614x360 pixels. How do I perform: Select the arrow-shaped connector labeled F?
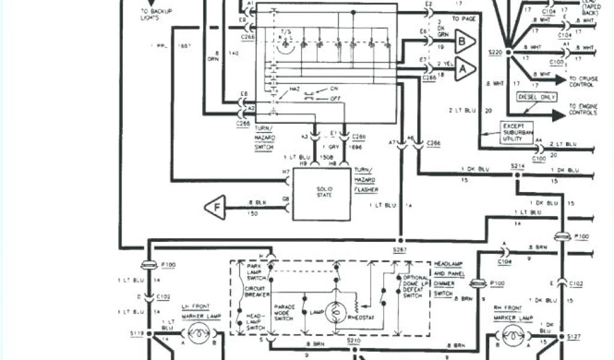coord(215,207)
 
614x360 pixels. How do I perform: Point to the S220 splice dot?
coord(509,52)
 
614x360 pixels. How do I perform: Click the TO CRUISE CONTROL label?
coord(582,82)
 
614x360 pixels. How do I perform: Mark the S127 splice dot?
coord(562,338)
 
